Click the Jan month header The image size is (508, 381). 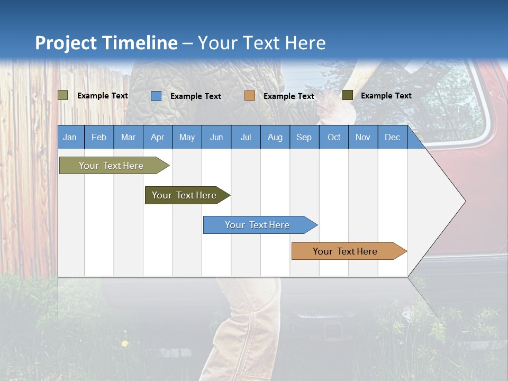[x=70, y=137]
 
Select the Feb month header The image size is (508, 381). [x=99, y=137]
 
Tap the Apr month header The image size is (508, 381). [x=157, y=137]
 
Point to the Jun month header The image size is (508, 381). [x=216, y=137]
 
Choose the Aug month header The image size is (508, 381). [x=275, y=137]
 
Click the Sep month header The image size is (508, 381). [x=304, y=137]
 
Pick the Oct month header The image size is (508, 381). [x=333, y=137]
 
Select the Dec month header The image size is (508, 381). [x=392, y=137]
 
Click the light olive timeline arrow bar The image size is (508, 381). [x=112, y=166]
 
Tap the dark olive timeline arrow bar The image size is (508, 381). [x=185, y=195]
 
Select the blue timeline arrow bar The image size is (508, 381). [x=258, y=225]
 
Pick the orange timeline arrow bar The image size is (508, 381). [x=346, y=251]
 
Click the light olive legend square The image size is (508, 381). [x=63, y=95]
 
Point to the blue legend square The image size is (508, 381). [x=156, y=96]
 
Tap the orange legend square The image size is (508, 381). [x=250, y=96]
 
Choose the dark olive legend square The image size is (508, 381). [x=348, y=95]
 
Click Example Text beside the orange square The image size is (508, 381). [x=288, y=96]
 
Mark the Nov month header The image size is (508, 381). [x=362, y=137]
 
